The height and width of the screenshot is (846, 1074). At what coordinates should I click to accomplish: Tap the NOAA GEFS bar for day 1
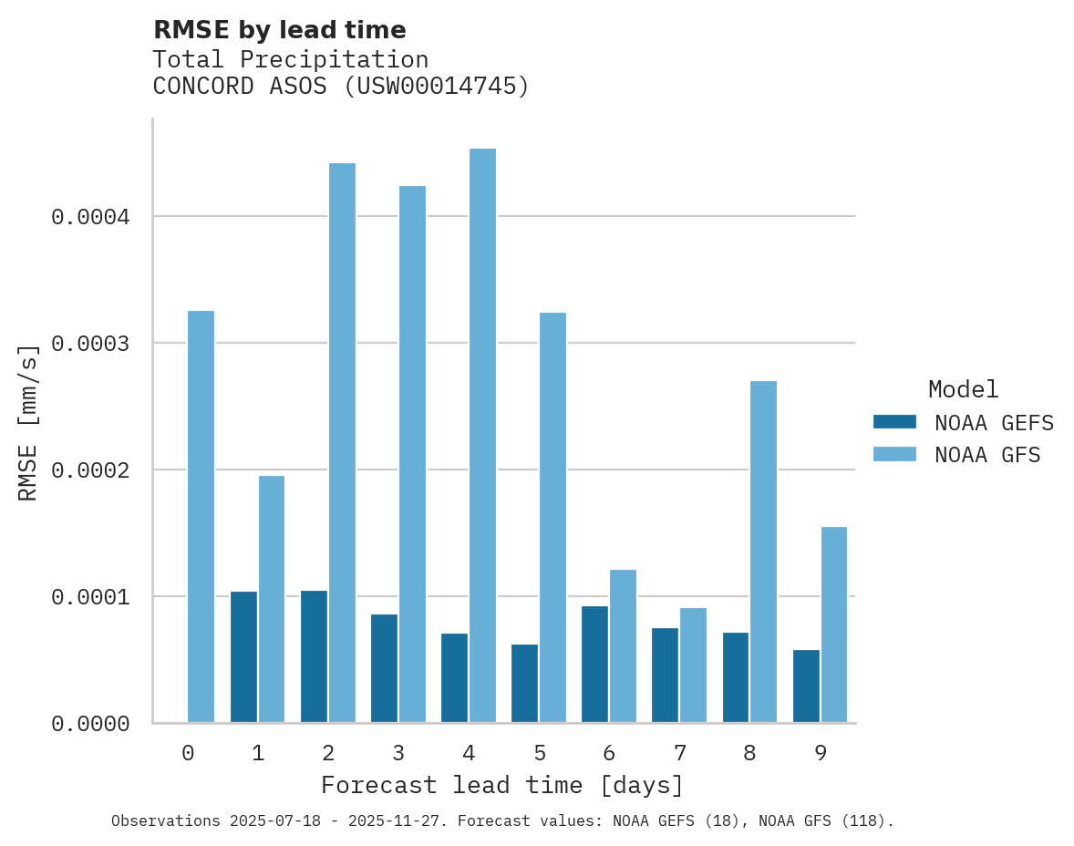coord(243,657)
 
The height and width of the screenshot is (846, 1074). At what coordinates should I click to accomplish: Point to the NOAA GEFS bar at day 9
coord(806,686)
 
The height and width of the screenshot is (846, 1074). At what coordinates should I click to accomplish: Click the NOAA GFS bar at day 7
coord(693,665)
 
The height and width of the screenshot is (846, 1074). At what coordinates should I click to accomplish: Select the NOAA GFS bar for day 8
coord(763,552)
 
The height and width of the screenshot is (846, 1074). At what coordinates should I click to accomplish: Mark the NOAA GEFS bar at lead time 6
coord(594,665)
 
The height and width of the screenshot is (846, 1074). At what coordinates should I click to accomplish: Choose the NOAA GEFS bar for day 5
coord(524,684)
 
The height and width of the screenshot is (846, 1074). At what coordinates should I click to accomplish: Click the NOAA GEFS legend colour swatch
coord(894,422)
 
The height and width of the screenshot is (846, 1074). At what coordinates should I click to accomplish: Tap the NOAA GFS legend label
coord(986,455)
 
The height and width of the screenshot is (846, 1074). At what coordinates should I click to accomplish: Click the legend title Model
coord(963,390)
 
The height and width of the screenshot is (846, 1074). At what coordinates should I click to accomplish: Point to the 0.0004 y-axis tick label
coord(90,217)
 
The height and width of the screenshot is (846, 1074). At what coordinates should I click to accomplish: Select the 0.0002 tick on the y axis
coord(90,470)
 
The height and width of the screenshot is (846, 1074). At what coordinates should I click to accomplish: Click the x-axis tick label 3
coord(398,754)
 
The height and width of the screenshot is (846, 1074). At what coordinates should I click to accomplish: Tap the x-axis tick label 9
coord(820,754)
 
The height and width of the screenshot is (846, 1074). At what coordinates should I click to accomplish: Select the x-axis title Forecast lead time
coord(502,785)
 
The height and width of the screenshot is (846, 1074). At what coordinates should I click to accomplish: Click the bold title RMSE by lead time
coord(279,30)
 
